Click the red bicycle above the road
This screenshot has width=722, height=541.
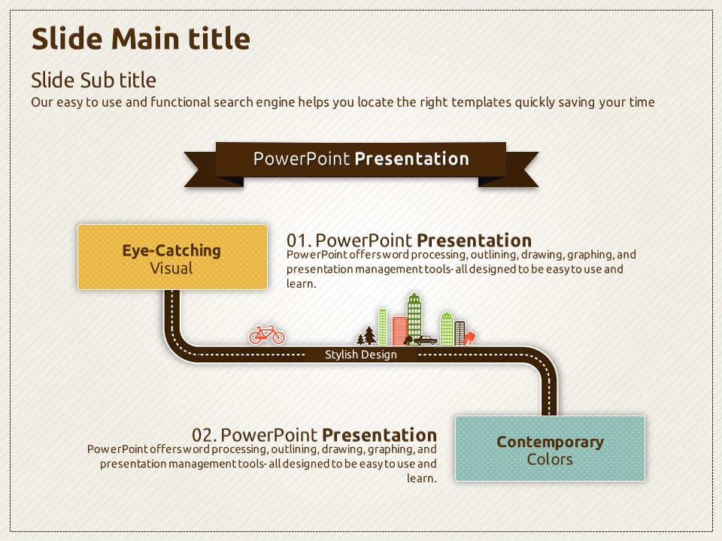click(266, 335)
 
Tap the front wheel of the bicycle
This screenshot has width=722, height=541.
click(278, 338)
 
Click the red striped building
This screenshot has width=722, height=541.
click(399, 331)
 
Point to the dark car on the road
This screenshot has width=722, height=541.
click(426, 340)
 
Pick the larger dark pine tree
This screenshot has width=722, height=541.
click(369, 335)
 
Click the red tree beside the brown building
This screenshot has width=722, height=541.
click(469, 337)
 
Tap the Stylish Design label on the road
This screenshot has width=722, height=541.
click(361, 355)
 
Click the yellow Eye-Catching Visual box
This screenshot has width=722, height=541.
click(173, 257)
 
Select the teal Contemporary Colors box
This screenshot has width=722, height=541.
click(551, 449)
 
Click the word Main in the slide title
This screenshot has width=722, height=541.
click(144, 38)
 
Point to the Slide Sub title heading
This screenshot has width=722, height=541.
click(93, 80)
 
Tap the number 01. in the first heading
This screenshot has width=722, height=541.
click(299, 240)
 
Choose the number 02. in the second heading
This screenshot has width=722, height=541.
click(204, 435)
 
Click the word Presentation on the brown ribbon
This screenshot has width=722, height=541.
click(412, 159)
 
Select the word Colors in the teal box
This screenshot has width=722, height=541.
click(550, 459)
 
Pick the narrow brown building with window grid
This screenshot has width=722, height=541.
click(460, 334)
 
